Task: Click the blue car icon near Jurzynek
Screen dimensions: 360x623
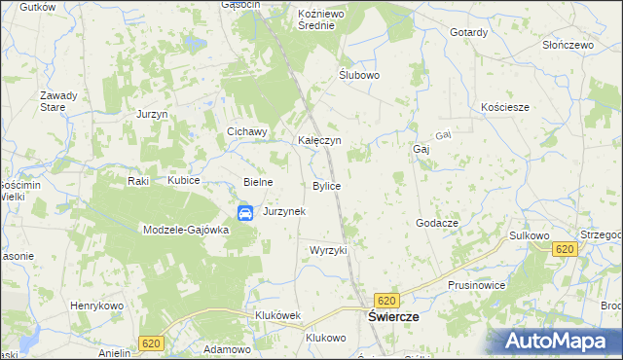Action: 246,213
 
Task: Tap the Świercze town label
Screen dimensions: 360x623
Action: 393,318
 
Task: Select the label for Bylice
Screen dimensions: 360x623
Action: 326,185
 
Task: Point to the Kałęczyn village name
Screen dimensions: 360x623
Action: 318,140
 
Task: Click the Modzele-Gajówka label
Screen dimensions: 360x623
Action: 185,230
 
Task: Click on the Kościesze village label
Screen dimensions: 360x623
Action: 505,107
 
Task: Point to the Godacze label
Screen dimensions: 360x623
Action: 437,223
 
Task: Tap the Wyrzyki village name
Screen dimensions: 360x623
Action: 328,250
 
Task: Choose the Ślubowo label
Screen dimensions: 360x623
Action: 358,75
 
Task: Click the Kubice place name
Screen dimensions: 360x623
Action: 183,181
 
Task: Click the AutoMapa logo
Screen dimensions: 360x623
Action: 561,340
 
